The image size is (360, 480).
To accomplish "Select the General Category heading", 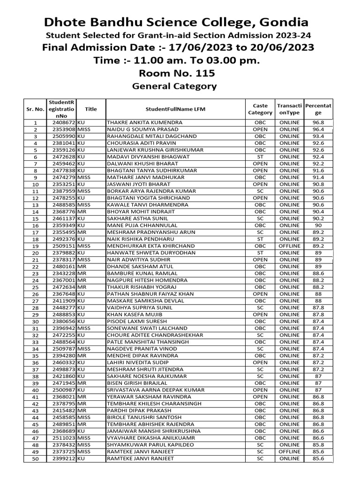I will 174,86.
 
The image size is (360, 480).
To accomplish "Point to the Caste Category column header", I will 260,109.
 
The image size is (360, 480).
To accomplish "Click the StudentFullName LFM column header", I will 175,109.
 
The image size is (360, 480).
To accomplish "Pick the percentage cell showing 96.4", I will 318,129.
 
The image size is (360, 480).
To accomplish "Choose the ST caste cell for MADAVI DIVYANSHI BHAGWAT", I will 260,157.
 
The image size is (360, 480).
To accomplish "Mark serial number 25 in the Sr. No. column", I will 35,287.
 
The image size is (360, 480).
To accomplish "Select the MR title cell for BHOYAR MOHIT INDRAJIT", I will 82,212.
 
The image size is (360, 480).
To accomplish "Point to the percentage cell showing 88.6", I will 318,273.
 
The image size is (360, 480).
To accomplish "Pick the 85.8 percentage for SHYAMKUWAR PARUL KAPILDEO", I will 318,445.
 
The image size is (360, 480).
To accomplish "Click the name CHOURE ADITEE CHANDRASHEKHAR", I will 155,336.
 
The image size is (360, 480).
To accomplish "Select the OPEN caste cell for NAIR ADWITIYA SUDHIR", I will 260,260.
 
